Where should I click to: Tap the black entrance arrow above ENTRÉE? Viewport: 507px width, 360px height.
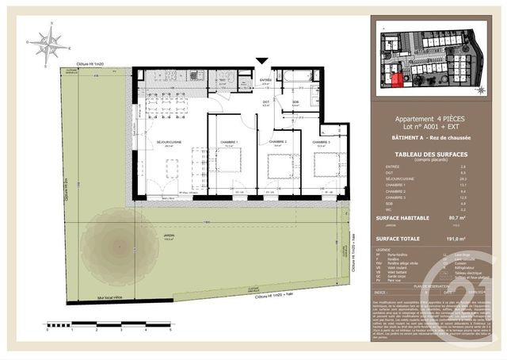[x=262, y=61]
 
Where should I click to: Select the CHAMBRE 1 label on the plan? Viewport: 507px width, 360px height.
[x=229, y=143]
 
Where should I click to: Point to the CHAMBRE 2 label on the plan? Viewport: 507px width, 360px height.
[x=277, y=143]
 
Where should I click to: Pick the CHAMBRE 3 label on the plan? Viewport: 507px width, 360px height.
[x=322, y=143]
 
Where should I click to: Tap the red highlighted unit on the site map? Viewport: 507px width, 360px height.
[x=394, y=78]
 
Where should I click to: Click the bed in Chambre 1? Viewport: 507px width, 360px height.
[x=229, y=160]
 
